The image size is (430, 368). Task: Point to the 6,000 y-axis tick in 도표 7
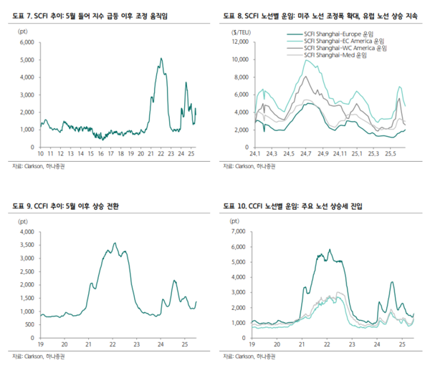(26, 42)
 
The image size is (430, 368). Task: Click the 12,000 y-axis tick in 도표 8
(241, 42)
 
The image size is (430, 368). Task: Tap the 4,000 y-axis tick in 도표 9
(26, 233)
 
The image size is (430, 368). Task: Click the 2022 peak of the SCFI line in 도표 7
(161, 59)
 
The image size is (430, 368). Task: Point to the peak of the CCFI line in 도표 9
(115, 243)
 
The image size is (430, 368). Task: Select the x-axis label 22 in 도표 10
(327, 345)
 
